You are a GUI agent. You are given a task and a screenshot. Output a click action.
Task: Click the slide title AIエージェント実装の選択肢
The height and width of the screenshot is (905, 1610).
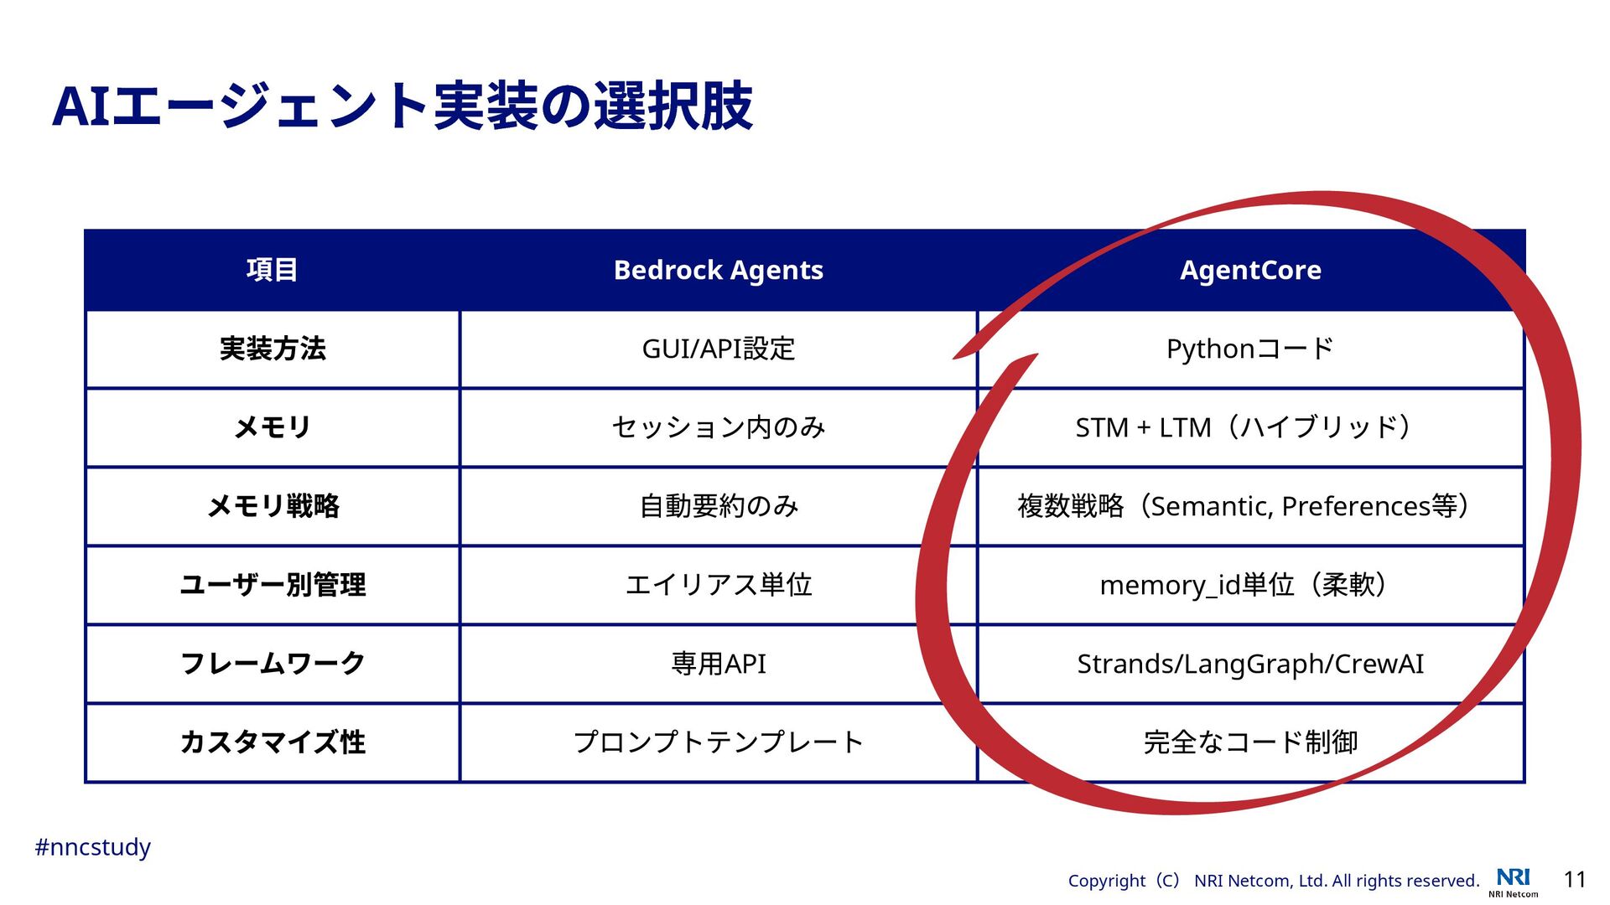402,106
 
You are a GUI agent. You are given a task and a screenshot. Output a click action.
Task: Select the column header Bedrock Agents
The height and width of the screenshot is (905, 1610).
718,270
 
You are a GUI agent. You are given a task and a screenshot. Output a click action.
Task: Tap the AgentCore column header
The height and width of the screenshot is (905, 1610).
1250,270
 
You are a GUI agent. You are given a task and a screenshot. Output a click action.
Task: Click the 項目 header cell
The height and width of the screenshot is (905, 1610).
272,270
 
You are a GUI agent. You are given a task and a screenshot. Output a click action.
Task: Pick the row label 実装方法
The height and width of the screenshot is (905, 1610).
272,349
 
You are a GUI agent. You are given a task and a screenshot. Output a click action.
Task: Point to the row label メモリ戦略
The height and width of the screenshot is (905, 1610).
272,506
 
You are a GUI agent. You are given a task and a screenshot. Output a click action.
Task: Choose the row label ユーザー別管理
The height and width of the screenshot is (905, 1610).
272,585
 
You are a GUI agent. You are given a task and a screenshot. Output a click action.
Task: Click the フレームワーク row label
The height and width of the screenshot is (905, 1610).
272,664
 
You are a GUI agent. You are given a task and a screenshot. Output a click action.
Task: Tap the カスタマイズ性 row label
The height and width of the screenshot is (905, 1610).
272,742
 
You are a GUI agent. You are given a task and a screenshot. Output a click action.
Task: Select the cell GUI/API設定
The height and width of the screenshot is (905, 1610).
718,349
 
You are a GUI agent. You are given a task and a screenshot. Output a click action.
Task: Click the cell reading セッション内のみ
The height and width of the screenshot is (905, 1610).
718,427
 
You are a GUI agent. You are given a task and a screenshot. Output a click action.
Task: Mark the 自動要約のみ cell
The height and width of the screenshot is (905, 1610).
718,506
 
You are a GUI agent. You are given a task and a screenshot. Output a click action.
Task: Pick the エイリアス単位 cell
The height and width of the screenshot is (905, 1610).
718,585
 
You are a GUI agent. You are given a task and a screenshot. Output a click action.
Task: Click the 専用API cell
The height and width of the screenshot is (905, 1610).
718,664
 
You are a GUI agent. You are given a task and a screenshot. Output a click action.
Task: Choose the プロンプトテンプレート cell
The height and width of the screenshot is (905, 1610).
718,742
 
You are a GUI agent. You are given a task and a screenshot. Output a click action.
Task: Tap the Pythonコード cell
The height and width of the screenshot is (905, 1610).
1249,349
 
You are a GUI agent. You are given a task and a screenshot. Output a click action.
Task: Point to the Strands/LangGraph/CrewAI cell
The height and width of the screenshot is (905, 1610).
1249,664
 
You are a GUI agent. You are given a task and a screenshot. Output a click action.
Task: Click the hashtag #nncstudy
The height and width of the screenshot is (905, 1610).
92,847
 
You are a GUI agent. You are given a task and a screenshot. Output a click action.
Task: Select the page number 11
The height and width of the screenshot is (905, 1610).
1575,879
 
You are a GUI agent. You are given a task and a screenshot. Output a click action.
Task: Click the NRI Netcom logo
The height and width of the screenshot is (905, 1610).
1514,882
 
